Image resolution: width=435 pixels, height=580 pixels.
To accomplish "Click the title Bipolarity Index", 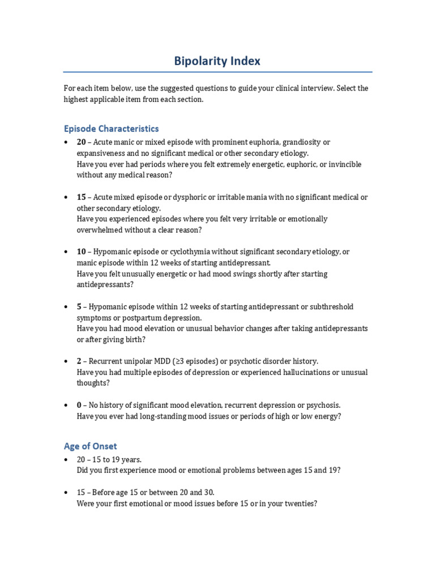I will (x=217, y=61).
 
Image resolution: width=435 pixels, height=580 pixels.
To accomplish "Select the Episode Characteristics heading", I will (x=111, y=129).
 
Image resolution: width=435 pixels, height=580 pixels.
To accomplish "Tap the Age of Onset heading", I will (x=91, y=446).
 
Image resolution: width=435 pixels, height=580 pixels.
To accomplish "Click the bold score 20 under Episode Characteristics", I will (x=82, y=142).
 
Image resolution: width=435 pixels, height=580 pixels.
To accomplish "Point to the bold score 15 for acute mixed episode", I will (x=82, y=197).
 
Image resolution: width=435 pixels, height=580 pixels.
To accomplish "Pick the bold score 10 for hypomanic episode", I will (x=82, y=251).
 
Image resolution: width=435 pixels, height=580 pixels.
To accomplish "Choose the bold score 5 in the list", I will (x=79, y=306).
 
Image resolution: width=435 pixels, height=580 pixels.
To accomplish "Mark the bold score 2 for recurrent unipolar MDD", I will (x=79, y=361).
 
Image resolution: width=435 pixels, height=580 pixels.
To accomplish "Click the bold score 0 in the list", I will (x=79, y=405).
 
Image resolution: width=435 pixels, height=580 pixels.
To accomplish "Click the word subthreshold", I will (x=332, y=306).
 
